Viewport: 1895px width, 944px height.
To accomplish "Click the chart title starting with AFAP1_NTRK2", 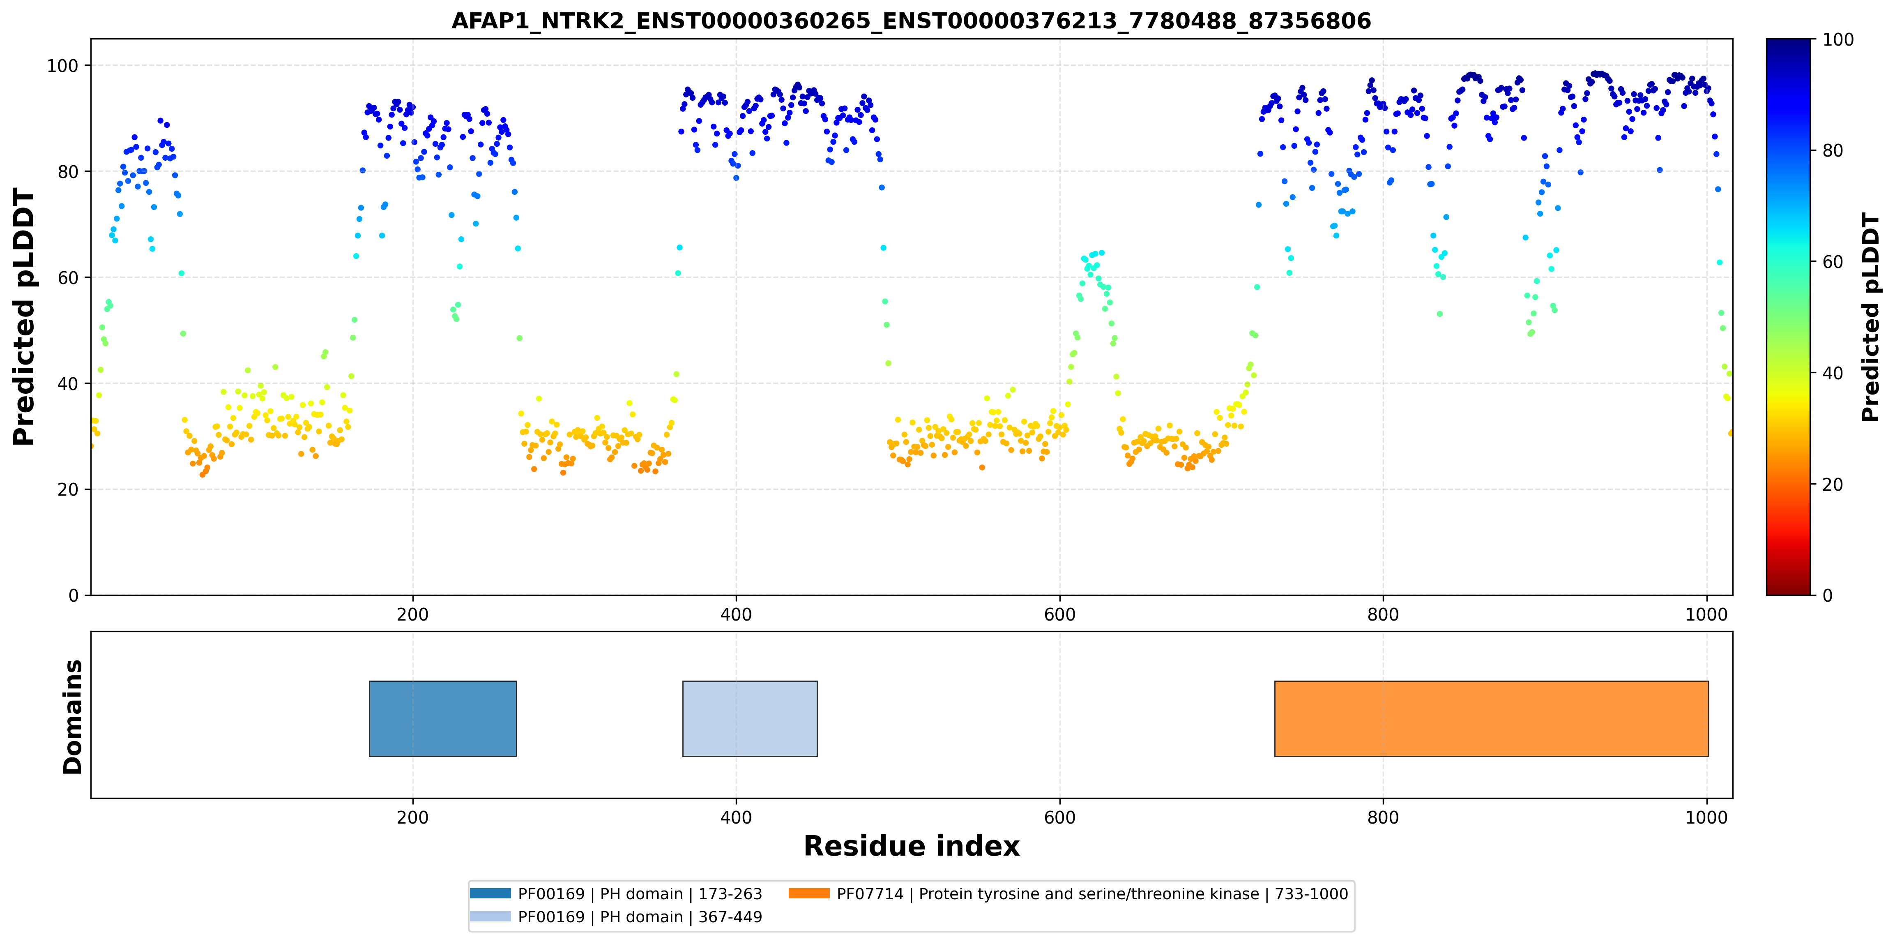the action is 911,21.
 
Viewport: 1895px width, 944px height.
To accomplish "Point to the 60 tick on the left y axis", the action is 68,277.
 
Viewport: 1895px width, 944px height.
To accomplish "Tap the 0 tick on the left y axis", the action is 74,595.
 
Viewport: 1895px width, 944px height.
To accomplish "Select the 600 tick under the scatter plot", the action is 1059,614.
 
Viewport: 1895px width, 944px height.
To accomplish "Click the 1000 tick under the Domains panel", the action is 1706,817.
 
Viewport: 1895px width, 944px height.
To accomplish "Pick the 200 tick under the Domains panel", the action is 413,817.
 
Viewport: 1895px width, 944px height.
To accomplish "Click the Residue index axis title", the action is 912,846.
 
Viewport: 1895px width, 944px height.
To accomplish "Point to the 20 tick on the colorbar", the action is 1833,484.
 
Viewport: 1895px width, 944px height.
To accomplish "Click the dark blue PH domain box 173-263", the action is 443,719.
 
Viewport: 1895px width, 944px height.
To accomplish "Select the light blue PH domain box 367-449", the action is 750,719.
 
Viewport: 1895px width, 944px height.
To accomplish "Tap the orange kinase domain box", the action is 1491,719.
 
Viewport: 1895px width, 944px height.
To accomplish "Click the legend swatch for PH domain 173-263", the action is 490,893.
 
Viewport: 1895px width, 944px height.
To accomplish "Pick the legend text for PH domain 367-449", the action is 640,917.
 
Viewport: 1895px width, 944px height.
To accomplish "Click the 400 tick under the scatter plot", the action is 736,614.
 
